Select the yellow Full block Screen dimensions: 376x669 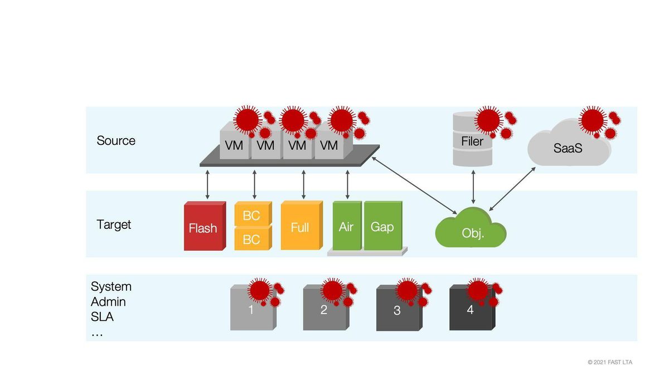point(300,226)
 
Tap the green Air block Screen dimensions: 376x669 point(347,226)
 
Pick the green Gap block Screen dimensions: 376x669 point(382,226)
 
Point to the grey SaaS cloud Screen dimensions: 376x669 point(568,148)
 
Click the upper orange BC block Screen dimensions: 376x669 point(252,214)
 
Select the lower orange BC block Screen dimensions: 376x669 point(252,239)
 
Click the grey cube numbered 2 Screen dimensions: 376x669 point(324,310)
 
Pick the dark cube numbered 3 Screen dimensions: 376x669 point(397,310)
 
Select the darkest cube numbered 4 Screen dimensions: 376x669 point(471,309)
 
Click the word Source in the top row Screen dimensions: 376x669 point(116,140)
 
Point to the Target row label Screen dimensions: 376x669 point(114,224)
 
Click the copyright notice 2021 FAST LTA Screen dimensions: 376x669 point(610,362)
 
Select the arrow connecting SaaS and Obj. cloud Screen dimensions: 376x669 point(512,188)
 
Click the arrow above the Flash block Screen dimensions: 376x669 point(207,185)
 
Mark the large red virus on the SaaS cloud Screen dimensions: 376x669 point(592,119)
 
